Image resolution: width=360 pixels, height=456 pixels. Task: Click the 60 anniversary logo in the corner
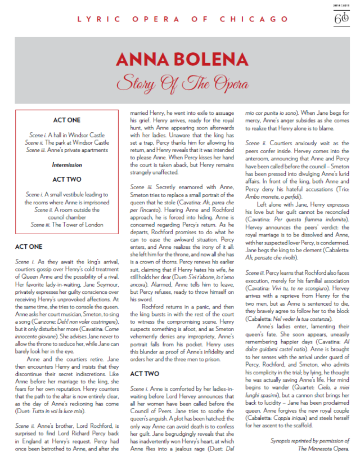click(341, 17)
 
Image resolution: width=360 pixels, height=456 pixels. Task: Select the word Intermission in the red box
click(67, 165)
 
